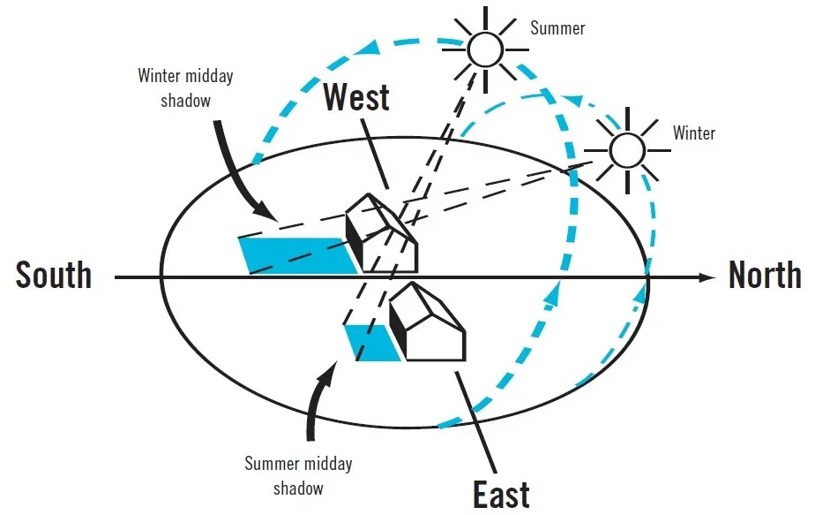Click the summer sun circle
(x=483, y=49)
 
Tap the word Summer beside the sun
(x=557, y=28)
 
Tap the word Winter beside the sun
(x=694, y=133)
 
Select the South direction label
(x=54, y=276)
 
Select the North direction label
(x=765, y=276)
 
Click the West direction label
(x=356, y=97)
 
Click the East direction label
(x=501, y=493)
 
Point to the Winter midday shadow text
(x=186, y=87)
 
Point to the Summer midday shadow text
(x=298, y=475)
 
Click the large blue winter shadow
(x=295, y=254)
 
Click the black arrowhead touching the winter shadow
(x=265, y=212)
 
